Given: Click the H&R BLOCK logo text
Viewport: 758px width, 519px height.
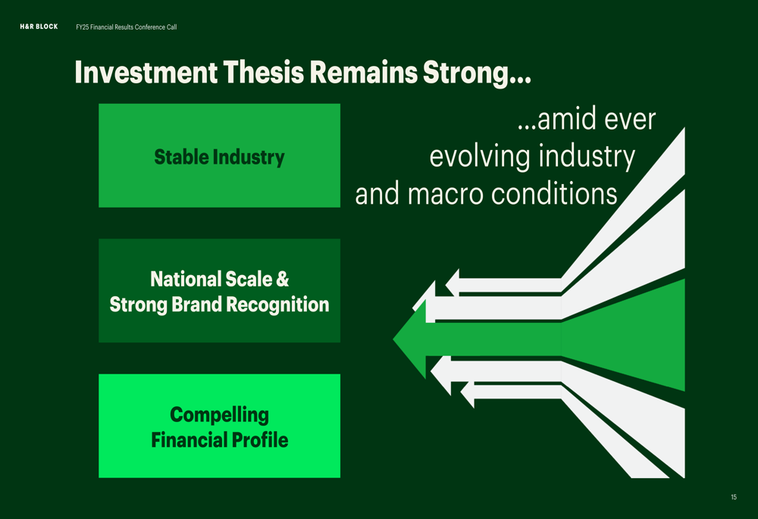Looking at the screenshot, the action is (x=39, y=27).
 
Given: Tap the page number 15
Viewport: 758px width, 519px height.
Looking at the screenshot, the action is (x=734, y=497).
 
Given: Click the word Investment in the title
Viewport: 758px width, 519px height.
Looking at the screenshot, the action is (x=146, y=73).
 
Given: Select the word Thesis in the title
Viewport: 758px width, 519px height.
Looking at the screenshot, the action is (x=264, y=73).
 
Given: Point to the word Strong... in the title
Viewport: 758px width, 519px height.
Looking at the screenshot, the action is (x=477, y=73).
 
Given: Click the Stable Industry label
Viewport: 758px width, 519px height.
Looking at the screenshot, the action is (x=220, y=157).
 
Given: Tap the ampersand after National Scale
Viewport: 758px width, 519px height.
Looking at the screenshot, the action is (x=282, y=280).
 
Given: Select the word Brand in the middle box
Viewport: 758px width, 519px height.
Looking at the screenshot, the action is (x=198, y=305).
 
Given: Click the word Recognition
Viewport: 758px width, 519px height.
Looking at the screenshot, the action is (x=277, y=305).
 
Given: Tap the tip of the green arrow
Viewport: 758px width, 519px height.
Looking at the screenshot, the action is (x=393, y=339).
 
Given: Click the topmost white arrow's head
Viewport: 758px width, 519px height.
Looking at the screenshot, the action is (x=452, y=283).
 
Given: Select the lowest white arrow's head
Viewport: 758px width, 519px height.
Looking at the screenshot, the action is (x=467, y=394).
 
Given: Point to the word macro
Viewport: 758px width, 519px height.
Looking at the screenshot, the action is (x=445, y=194).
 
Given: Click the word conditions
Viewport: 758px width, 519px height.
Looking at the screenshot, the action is (x=554, y=194).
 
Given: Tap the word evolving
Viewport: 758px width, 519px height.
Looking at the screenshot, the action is (x=480, y=157).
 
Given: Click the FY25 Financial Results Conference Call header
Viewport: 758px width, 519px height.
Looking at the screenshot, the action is (x=126, y=27).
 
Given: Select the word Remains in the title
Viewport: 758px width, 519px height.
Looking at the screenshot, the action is (x=364, y=73).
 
